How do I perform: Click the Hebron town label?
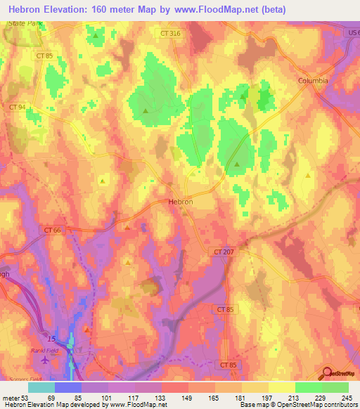(180, 202)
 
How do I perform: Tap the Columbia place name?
(313, 81)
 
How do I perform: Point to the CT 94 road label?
(18, 106)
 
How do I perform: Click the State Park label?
(20, 24)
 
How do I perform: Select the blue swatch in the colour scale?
(68, 387)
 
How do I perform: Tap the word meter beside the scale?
(12, 398)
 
